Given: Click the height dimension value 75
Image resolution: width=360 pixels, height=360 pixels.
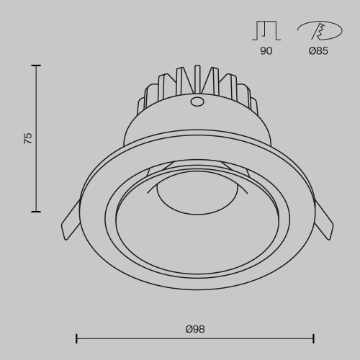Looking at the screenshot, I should point(28,138).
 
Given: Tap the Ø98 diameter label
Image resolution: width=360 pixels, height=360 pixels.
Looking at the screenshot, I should point(195,329).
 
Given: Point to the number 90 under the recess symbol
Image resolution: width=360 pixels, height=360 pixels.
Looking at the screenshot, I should point(266,52).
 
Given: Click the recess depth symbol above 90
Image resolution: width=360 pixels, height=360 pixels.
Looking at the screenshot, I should point(266,30).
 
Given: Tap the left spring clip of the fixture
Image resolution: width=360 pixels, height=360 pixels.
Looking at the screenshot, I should point(71,219).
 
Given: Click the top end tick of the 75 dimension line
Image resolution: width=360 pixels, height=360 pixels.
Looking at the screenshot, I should point(36,66).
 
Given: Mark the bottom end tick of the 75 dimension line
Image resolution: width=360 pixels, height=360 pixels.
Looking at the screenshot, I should point(36,211).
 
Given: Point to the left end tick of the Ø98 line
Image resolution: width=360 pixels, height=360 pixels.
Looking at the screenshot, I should point(76,337).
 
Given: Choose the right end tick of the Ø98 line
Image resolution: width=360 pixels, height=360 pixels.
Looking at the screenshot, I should point(313,337).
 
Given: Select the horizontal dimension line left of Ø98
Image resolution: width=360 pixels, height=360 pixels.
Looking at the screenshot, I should point(130,337).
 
